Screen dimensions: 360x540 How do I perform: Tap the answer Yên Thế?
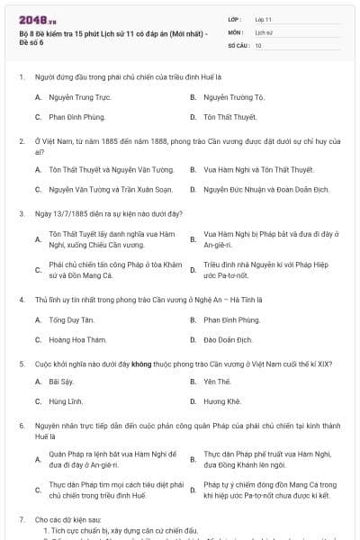(x=217, y=382)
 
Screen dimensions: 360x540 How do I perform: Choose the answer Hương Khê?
(x=220, y=401)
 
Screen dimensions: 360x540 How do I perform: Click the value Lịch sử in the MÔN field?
(x=264, y=31)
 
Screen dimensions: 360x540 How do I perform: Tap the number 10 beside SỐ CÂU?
(x=258, y=44)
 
